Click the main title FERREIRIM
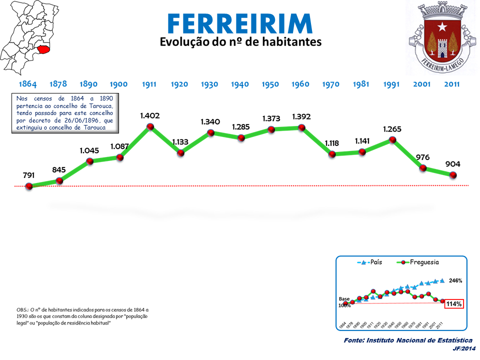point(239,23)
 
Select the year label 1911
point(149,84)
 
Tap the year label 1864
point(27,84)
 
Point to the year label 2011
point(452,84)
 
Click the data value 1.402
point(149,116)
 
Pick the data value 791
point(29,175)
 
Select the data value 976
point(422,157)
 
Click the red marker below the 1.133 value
point(180,152)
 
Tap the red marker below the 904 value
point(453,175)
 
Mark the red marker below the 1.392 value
point(301,127)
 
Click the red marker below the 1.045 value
point(89,161)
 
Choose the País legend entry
point(370,262)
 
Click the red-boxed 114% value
point(454,303)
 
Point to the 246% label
point(455,280)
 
